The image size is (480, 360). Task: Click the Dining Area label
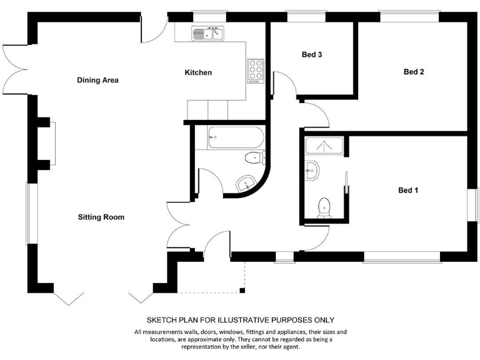click(97, 80)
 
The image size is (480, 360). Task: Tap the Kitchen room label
click(198, 72)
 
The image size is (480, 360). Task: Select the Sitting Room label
click(101, 217)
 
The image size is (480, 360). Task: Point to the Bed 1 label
click(408, 190)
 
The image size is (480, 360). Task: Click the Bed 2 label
click(414, 72)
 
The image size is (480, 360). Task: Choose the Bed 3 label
click(312, 55)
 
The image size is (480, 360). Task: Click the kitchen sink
click(208, 34)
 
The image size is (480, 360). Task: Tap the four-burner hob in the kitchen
click(256, 69)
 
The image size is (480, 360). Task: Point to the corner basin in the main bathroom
click(246, 182)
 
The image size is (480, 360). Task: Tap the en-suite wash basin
click(312, 169)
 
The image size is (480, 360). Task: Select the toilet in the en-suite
click(324, 207)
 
